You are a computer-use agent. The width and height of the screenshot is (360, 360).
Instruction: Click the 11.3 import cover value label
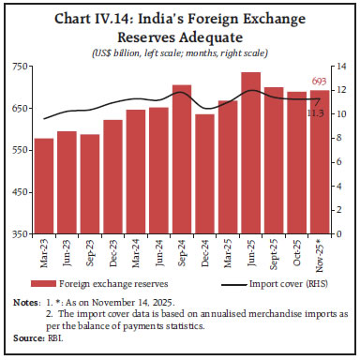click(x=318, y=113)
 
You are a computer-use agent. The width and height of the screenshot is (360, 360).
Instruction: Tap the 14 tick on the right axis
click(x=342, y=67)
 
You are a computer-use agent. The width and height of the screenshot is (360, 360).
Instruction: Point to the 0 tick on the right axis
click(x=340, y=234)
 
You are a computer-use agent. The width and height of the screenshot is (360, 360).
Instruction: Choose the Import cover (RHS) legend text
click(x=286, y=281)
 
